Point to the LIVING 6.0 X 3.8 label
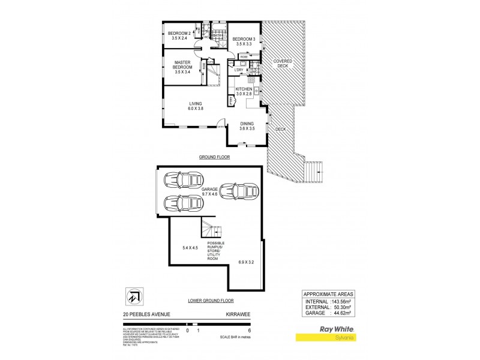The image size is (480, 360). pyautogui.click(x=196, y=106)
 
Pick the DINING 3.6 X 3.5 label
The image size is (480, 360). pyautogui.click(x=247, y=126)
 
